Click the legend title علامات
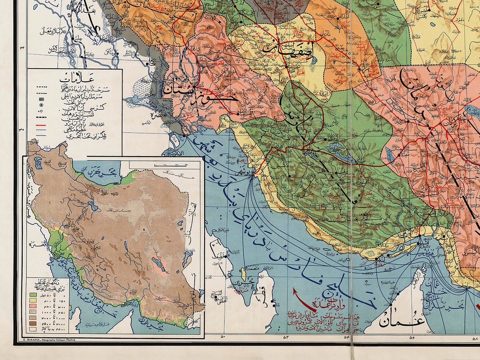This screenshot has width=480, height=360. pos(75,78)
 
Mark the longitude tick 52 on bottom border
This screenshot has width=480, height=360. pos(285,337)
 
